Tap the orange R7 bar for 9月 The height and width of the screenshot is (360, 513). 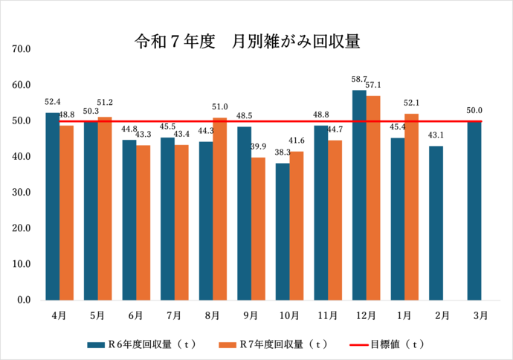coord(257,228)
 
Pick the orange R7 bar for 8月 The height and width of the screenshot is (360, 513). coord(219,209)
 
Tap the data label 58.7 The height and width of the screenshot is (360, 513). coord(359,79)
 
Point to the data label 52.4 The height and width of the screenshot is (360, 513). coord(52,102)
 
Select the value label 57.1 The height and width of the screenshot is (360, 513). coord(373,85)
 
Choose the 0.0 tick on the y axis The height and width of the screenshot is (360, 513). coord(23,300)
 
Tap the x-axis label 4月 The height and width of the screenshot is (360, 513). coord(59,315)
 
